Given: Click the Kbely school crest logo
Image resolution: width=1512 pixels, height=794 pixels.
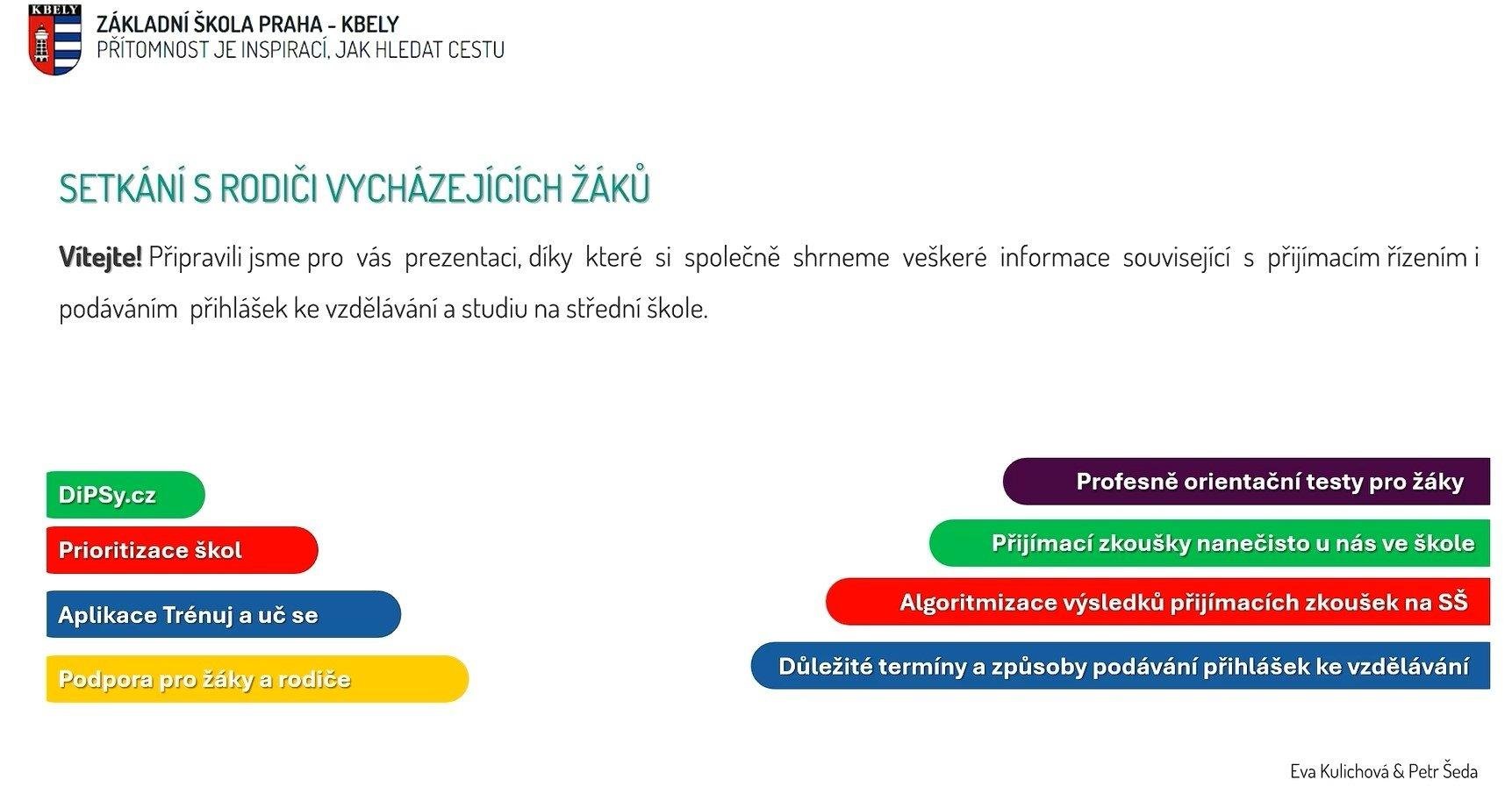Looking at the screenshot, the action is pyautogui.click(x=55, y=39).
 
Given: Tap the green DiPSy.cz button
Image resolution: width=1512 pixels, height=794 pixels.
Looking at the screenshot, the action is pyautogui.click(x=125, y=495).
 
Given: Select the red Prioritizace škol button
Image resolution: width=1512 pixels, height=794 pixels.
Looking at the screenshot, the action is pyautogui.click(x=182, y=550).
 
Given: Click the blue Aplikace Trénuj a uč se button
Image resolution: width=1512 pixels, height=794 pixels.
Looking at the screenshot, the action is pyautogui.click(x=224, y=614).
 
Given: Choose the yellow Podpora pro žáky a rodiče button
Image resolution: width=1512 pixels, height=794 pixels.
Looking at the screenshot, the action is pyautogui.click(x=257, y=679).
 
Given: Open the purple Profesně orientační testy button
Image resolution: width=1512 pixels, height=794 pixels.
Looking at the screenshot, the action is pyautogui.click(x=1246, y=482).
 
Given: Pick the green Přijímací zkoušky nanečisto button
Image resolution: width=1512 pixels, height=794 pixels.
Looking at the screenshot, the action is pyautogui.click(x=1209, y=543).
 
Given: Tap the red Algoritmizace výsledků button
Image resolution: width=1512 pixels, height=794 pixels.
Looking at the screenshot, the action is pyautogui.click(x=1157, y=602).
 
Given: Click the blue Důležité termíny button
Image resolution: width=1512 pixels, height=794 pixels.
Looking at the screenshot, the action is pyautogui.click(x=1120, y=666).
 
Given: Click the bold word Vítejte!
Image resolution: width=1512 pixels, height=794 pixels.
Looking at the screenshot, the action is pyautogui.click(x=100, y=258).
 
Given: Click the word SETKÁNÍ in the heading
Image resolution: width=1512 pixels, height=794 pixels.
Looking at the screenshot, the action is pyautogui.click(x=122, y=188).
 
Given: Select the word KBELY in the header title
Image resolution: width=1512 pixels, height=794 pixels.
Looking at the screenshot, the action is pyautogui.click(x=370, y=24).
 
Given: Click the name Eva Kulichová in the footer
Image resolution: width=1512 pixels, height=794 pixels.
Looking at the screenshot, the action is pyautogui.click(x=1339, y=771).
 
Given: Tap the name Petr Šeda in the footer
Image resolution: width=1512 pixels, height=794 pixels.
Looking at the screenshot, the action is pyautogui.click(x=1443, y=771).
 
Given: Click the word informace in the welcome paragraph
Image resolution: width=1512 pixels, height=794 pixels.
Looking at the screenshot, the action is pyautogui.click(x=1055, y=257).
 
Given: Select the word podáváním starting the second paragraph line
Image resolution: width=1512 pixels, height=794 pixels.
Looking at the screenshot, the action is pyautogui.click(x=118, y=309).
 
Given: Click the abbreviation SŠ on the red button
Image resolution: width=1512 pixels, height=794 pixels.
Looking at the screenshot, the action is pyautogui.click(x=1452, y=602).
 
